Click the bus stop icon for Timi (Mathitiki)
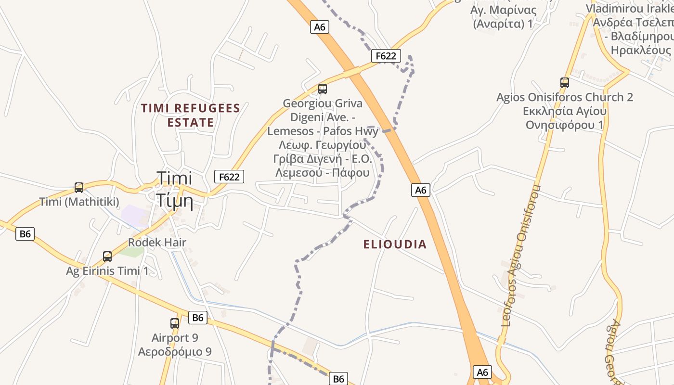click(79, 187)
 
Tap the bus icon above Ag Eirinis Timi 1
click(107, 257)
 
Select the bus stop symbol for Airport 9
click(175, 323)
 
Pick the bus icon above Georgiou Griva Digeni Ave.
click(323, 89)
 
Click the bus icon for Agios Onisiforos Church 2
click(565, 83)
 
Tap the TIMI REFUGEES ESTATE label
click(191, 115)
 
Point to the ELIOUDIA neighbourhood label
click(395, 244)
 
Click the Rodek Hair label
click(157, 243)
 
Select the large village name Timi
click(174, 178)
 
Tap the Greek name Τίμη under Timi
click(174, 201)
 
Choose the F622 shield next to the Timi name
click(229, 177)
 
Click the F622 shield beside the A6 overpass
click(386, 56)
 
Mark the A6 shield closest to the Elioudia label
click(421, 190)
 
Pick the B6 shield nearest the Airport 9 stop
click(197, 318)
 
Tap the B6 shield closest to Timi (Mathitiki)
click(25, 234)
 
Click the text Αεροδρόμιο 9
click(175, 351)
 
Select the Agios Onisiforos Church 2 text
click(565, 97)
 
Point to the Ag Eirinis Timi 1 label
click(107, 271)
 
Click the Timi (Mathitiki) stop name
click(79, 202)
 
